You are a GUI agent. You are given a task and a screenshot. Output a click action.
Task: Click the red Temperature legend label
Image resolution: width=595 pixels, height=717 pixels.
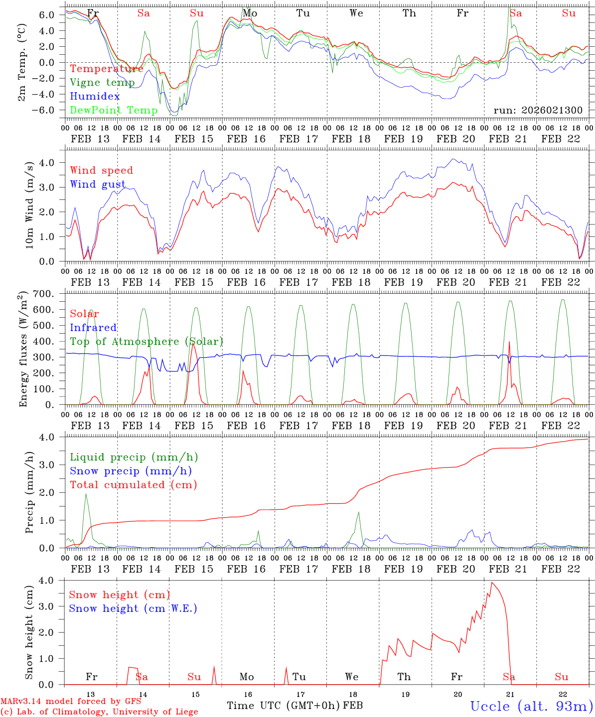(107, 69)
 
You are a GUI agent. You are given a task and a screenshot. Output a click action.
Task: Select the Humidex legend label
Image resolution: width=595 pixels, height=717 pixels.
(95, 97)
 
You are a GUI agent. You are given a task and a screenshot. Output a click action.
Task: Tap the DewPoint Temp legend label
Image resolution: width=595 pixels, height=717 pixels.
(114, 110)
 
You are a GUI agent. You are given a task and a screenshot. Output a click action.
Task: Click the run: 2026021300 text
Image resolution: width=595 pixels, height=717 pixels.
(538, 111)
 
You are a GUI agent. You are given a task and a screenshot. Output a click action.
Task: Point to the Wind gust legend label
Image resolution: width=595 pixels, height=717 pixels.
(98, 184)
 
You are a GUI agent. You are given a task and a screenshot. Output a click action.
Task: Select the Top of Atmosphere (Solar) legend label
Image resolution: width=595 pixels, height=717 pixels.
(146, 342)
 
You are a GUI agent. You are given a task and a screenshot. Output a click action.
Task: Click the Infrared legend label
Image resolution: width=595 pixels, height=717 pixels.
(93, 328)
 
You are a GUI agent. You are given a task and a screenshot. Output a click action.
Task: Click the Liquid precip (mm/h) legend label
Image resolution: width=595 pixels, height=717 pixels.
(134, 457)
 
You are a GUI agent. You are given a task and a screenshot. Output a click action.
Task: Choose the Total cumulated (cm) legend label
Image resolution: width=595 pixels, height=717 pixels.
(133, 484)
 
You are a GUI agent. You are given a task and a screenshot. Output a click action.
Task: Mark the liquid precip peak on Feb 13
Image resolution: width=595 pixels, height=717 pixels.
(86, 494)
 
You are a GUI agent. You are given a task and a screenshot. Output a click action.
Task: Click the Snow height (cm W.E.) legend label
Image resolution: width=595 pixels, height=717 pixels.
(133, 608)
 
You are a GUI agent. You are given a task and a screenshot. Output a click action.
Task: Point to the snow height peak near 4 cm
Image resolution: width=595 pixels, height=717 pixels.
(492, 583)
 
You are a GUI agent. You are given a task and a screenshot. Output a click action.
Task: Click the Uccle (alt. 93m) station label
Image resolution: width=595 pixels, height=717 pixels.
(531, 706)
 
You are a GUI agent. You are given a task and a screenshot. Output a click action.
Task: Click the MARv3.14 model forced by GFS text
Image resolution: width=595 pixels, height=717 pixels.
(70, 701)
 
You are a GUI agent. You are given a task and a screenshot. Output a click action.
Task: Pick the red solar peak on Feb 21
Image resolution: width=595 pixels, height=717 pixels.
(509, 342)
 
